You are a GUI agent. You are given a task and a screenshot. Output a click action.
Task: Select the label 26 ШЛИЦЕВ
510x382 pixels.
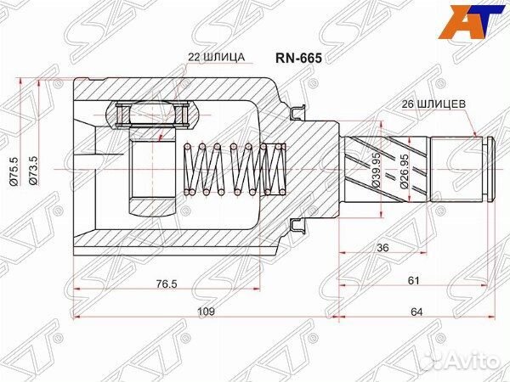point(433,104)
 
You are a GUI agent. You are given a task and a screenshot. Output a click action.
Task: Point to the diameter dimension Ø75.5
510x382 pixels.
point(14,171)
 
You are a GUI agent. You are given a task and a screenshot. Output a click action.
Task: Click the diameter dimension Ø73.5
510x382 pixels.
point(33,171)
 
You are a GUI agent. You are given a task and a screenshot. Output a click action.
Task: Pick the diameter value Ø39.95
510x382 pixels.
point(376,170)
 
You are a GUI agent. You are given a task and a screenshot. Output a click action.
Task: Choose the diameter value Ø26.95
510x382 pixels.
point(404,171)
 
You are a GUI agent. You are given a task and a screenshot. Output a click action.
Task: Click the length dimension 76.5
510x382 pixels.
point(167,284)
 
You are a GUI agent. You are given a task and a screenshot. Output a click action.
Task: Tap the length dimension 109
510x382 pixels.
point(207,312)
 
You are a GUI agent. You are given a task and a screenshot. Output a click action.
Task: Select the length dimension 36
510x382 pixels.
point(382,248)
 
